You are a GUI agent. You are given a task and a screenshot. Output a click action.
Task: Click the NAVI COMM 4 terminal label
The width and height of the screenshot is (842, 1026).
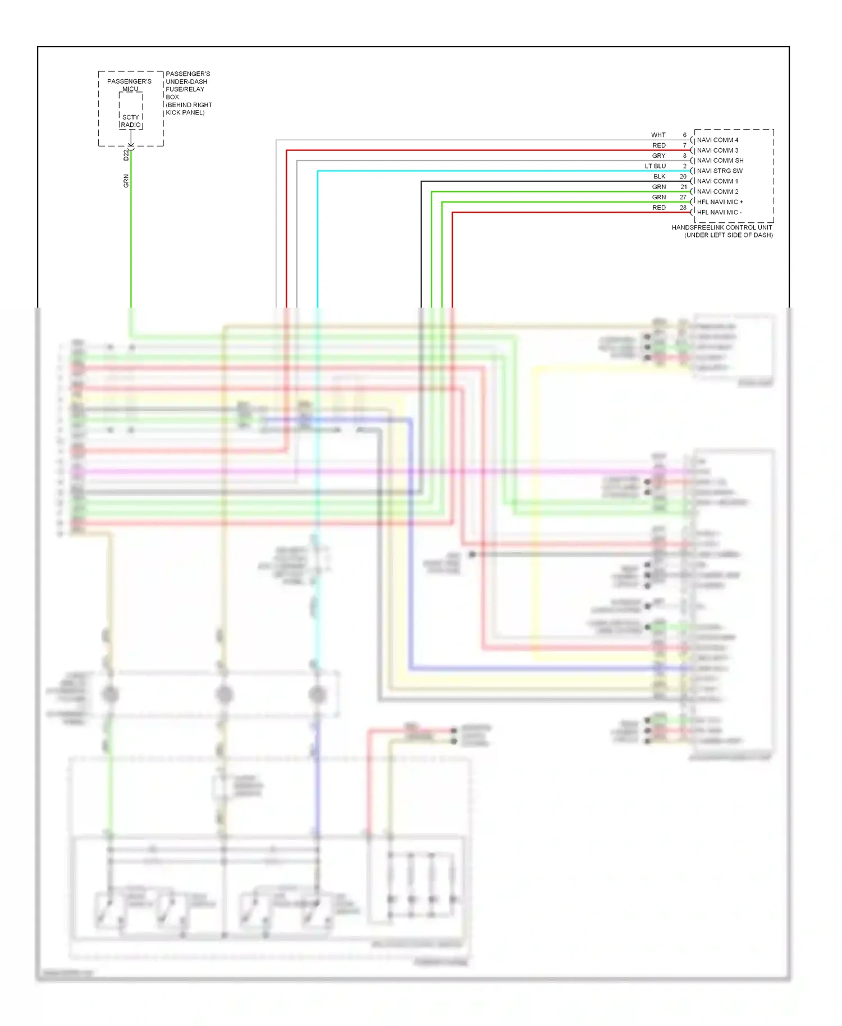[x=717, y=140]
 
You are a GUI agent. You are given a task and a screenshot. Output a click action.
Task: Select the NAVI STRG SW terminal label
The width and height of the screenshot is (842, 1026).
[x=720, y=171]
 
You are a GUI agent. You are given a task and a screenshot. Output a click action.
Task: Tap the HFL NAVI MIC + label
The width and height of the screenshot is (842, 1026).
[x=720, y=201]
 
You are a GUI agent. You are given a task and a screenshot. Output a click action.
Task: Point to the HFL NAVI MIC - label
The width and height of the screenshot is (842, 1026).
[x=719, y=212]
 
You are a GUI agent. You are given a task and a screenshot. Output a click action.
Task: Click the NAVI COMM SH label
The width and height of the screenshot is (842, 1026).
[x=720, y=161]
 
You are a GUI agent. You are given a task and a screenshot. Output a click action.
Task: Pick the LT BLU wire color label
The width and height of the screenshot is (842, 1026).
[x=655, y=166]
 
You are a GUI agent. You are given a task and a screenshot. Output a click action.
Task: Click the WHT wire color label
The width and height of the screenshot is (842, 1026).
[x=658, y=135]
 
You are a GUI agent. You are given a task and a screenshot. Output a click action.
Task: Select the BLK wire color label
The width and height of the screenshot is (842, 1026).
[x=659, y=176]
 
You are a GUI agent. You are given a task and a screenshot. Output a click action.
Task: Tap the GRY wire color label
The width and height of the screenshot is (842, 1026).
[x=658, y=155]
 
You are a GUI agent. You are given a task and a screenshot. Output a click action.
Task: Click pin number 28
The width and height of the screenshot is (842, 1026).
[x=683, y=208]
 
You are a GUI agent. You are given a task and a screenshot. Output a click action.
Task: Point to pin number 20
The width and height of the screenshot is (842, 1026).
[x=683, y=176]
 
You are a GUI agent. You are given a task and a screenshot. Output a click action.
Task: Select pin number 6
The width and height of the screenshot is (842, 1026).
[x=684, y=135]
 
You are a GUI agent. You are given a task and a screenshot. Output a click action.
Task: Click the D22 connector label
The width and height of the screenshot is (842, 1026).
[x=126, y=155]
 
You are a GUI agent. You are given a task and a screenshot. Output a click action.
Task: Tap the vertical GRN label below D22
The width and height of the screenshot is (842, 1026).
[x=126, y=181]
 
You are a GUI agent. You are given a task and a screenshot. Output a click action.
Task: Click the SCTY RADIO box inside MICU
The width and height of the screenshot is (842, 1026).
[x=131, y=121]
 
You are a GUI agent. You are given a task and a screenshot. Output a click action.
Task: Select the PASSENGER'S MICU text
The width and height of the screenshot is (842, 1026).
[x=130, y=85]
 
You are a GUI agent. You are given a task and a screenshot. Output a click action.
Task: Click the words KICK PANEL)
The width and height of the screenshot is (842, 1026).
[x=185, y=112]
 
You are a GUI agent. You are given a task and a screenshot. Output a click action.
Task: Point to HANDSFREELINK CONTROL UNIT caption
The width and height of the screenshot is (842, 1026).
[x=722, y=227]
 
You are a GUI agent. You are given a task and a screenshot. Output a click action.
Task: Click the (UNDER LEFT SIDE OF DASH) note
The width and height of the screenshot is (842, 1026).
[x=728, y=235]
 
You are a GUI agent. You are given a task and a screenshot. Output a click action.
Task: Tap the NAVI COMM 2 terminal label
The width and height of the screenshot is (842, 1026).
[x=717, y=191]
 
